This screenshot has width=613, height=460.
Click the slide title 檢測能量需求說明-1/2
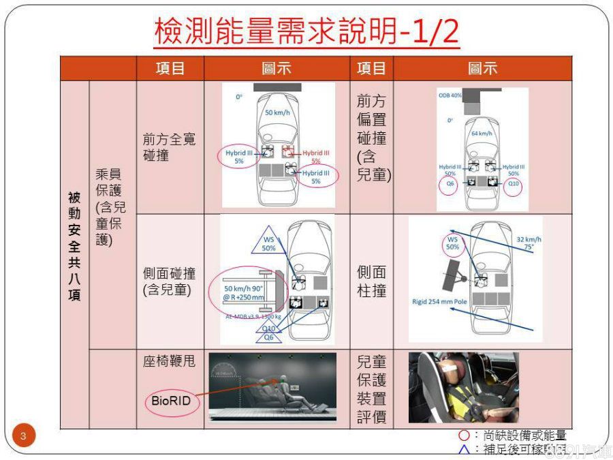(306, 32)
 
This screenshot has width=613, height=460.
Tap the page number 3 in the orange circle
(23, 436)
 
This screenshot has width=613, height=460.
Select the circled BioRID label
(173, 402)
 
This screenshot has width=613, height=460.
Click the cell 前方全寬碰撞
(169, 147)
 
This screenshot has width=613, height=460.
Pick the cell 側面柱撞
(371, 281)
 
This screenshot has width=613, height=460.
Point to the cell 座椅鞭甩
(169, 362)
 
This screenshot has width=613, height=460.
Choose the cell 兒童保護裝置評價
(371, 390)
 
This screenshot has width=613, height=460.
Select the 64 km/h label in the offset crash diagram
(482, 134)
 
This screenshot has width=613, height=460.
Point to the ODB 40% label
(450, 95)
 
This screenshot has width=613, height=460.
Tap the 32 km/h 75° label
(528, 244)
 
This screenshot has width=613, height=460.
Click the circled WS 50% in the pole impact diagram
(452, 243)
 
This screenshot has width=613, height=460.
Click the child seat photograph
(463, 386)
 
